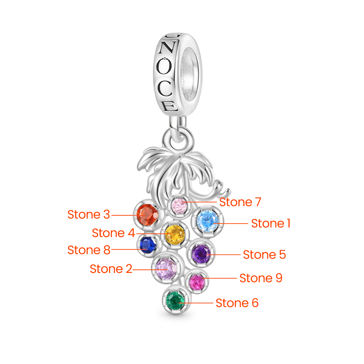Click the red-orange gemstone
coord(147,215)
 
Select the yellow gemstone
coord(175,235)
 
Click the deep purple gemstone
coord(201,254)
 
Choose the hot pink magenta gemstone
coord(197,282)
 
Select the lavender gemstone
coord(166,269)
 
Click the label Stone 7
coord(240,202)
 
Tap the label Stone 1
coord(271,224)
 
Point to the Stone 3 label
coord(89,214)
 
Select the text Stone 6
coord(237,303)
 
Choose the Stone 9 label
coord(261,278)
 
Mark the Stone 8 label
coord(89,250)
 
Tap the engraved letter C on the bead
coord(165,89)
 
